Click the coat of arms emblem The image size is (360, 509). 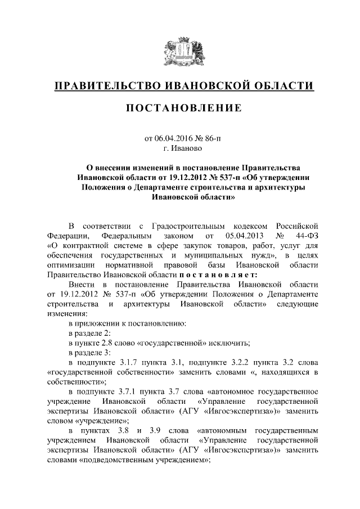179,51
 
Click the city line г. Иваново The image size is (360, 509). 180,148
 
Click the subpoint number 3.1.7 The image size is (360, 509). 133,363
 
